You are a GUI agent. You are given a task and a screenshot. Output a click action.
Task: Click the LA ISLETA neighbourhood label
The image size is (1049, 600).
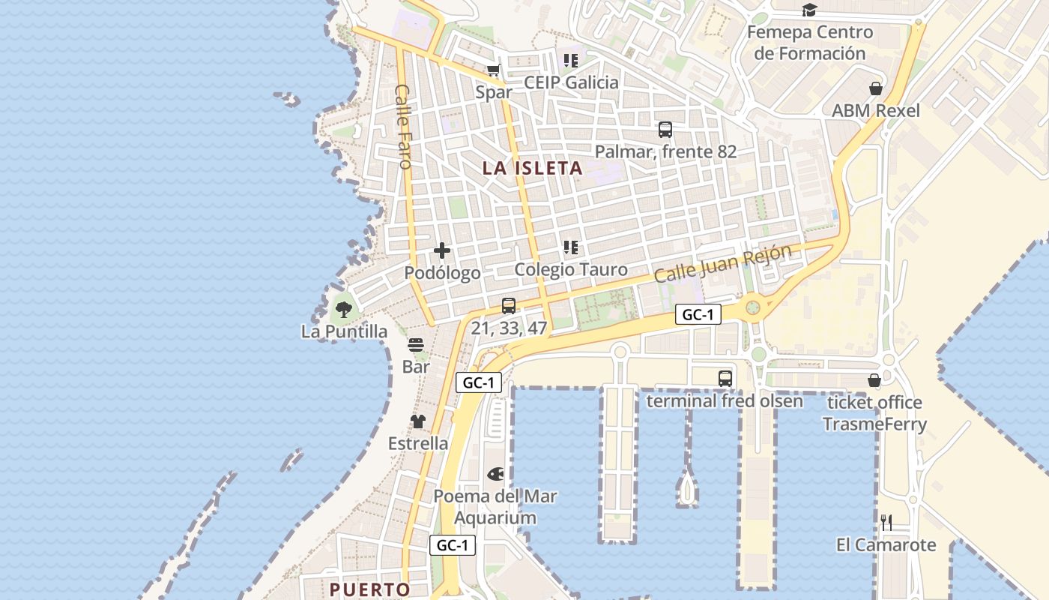[532, 168]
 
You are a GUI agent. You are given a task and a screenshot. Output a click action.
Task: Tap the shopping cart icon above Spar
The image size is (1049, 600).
[493, 70]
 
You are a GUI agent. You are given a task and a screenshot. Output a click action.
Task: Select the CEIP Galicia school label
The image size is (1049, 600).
[572, 82]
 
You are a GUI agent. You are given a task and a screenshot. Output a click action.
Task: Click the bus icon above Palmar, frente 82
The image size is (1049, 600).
[665, 130]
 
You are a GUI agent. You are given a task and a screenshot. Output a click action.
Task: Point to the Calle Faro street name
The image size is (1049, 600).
[403, 126]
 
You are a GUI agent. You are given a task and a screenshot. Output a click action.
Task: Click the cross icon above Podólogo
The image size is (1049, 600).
[442, 250]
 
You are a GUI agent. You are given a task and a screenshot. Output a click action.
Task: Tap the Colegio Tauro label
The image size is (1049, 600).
[571, 269]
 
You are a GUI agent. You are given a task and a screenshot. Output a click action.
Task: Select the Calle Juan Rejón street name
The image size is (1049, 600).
[722, 264]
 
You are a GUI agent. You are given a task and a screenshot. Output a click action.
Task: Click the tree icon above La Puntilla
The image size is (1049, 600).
[344, 309]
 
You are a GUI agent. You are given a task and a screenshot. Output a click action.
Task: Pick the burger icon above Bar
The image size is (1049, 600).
[416, 345]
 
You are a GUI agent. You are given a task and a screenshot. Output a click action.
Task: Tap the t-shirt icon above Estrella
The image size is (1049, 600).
[418, 421]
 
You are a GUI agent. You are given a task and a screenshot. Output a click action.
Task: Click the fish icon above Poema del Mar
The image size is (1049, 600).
[495, 474]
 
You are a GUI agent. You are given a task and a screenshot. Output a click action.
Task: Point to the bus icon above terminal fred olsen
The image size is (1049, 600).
[725, 379]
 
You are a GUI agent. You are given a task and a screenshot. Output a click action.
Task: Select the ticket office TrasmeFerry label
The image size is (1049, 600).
[874, 413]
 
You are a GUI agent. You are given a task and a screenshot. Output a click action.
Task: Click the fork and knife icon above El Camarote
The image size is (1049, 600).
[886, 523]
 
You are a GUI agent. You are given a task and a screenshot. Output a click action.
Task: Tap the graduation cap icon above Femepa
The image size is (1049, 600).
[809, 10]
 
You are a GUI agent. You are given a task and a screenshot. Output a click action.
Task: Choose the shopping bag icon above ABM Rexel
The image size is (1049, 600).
[875, 88]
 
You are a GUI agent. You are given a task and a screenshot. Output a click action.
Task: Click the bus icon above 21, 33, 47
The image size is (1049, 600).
[509, 306]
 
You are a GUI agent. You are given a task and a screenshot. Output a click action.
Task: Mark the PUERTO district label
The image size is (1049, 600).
[370, 589]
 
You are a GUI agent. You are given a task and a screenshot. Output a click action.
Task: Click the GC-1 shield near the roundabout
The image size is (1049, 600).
[698, 314]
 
